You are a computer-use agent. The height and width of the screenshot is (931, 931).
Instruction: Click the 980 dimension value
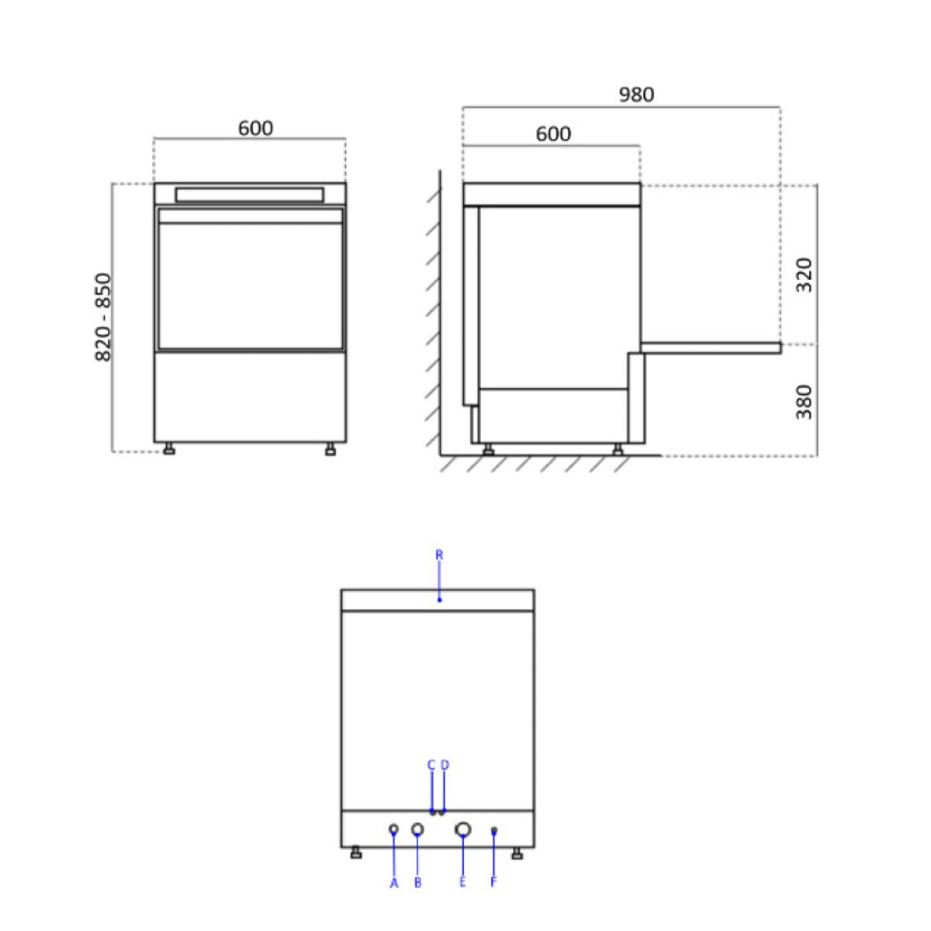636,95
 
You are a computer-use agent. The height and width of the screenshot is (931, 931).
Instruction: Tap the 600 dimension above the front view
255,128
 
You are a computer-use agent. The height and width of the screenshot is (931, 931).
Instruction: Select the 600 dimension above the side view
553,134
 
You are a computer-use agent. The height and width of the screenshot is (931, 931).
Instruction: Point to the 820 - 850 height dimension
103,317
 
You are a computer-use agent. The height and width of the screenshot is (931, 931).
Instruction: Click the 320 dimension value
805,274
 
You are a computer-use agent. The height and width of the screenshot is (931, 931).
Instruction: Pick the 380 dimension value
805,401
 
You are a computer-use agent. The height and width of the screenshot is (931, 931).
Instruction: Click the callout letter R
439,555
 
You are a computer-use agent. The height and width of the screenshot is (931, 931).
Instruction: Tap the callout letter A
393,883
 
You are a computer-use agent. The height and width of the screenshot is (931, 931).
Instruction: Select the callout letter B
417,883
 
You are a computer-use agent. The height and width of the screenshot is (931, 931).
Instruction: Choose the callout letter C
431,765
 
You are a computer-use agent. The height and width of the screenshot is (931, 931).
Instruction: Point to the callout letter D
445,765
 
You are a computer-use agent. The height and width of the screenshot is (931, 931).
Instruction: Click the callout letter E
462,883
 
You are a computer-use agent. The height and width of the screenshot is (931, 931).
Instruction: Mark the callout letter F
493,883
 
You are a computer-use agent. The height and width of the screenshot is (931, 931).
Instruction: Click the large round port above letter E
462,830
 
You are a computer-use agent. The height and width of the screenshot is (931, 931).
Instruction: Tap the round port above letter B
417,830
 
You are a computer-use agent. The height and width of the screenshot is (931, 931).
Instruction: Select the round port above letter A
393,829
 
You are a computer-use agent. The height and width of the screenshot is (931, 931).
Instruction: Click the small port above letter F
494,831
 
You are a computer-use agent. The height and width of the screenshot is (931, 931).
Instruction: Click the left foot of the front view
168,449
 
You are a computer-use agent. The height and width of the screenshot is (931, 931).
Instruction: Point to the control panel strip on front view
249,194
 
